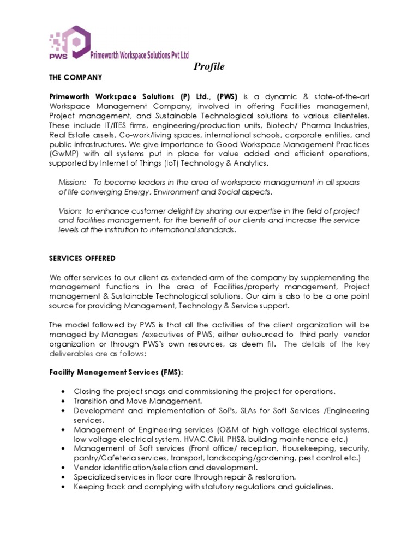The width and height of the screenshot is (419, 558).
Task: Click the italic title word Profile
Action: tap(209, 67)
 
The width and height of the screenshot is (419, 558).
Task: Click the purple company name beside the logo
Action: tap(139, 55)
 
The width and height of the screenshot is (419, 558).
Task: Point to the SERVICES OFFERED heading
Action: tap(82, 258)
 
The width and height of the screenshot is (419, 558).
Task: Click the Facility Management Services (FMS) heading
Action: tap(116, 372)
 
